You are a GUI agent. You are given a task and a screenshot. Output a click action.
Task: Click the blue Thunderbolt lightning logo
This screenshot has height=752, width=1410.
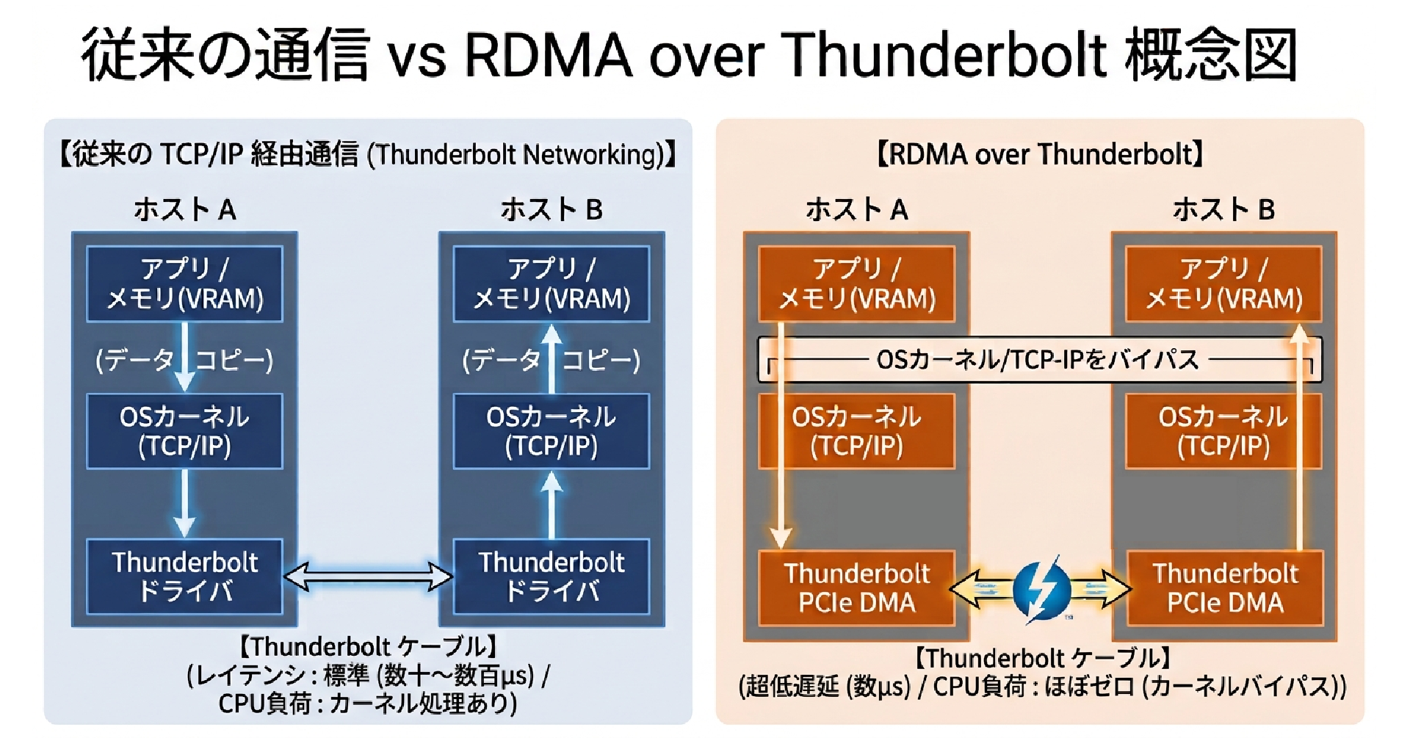(x=1041, y=588)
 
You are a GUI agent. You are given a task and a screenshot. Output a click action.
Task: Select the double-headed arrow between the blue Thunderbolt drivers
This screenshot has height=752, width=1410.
(x=368, y=576)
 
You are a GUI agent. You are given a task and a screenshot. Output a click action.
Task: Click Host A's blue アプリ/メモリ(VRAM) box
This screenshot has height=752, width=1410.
(x=185, y=284)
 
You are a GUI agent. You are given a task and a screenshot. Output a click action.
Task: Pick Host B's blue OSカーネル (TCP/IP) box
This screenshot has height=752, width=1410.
(x=552, y=431)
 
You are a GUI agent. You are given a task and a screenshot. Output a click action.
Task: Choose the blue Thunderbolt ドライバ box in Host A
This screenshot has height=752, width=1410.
(x=185, y=576)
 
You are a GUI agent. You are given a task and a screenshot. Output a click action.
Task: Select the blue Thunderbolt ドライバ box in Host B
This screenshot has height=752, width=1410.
(x=552, y=576)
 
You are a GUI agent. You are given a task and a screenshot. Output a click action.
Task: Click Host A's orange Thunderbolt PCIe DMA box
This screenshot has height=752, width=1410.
(x=857, y=587)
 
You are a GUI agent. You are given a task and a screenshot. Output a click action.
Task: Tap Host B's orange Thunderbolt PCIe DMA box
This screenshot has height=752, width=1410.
(x=1225, y=587)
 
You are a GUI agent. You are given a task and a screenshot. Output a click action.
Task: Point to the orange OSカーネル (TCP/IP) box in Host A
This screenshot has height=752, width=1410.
(x=857, y=431)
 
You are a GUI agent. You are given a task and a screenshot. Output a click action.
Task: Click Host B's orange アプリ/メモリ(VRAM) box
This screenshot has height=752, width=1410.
(x=1224, y=284)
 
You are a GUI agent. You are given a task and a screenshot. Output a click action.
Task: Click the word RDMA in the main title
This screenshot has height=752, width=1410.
(x=549, y=55)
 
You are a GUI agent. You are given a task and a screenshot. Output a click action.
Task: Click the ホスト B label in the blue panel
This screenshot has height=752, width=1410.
(x=552, y=210)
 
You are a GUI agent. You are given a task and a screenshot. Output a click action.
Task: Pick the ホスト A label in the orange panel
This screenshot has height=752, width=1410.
(x=857, y=210)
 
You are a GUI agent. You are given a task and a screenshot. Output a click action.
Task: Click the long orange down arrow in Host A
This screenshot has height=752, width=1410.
(x=781, y=436)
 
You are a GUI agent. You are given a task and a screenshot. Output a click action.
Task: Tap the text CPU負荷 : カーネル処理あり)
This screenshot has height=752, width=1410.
(x=368, y=704)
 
